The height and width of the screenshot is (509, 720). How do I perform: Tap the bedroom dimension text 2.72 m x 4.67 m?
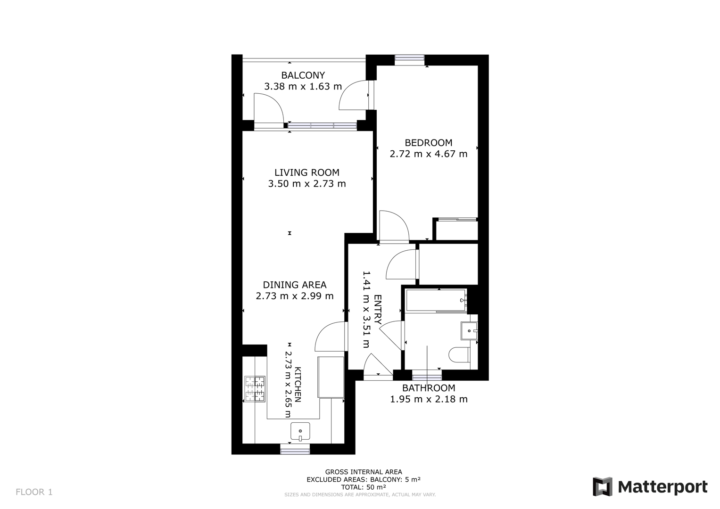[428, 154]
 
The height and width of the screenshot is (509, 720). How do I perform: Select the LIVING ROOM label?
[306, 172]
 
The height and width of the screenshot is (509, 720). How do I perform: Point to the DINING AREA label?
[294, 285]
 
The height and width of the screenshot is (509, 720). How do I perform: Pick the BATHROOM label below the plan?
[428, 388]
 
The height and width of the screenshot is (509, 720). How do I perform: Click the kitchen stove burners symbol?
[255, 389]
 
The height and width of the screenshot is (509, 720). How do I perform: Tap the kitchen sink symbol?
[300, 431]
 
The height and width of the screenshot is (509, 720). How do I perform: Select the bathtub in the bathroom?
[436, 300]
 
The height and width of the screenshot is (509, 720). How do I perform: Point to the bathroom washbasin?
[469, 331]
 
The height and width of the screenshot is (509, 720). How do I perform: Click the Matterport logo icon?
[602, 486]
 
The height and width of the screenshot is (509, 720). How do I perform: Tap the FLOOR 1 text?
[34, 492]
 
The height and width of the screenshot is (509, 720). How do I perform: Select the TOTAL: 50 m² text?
[363, 487]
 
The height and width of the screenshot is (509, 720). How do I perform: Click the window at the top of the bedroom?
[409, 60]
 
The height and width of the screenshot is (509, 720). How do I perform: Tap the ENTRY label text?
[378, 309]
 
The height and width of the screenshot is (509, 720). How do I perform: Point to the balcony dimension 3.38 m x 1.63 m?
[303, 86]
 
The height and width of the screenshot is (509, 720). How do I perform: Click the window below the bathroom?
[427, 375]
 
